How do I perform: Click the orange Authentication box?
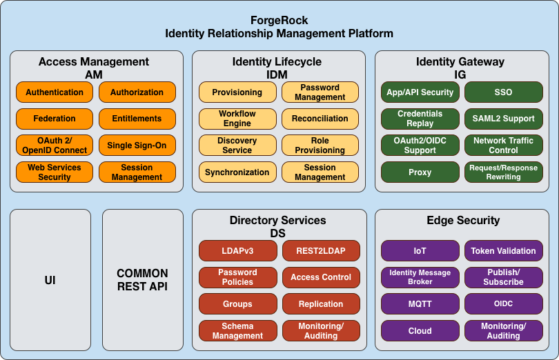(x=55, y=92)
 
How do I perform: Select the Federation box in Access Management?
(x=55, y=119)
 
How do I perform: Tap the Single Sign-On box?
(x=137, y=146)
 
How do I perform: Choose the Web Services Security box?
(x=55, y=172)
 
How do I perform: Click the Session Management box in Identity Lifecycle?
(x=320, y=172)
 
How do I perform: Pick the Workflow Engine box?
(x=237, y=119)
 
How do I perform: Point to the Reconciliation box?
(x=320, y=119)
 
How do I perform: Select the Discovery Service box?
(x=237, y=146)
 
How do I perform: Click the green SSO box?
(x=503, y=92)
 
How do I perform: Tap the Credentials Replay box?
(x=420, y=119)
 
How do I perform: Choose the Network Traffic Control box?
(x=503, y=146)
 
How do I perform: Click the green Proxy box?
(x=420, y=172)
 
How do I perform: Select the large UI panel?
(x=50, y=281)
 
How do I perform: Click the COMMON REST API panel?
(x=142, y=281)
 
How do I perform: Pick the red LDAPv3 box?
(x=237, y=251)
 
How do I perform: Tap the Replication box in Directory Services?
(x=320, y=304)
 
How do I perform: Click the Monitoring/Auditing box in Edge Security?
(x=503, y=331)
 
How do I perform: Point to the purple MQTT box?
(x=420, y=304)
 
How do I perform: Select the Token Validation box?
(x=503, y=251)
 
